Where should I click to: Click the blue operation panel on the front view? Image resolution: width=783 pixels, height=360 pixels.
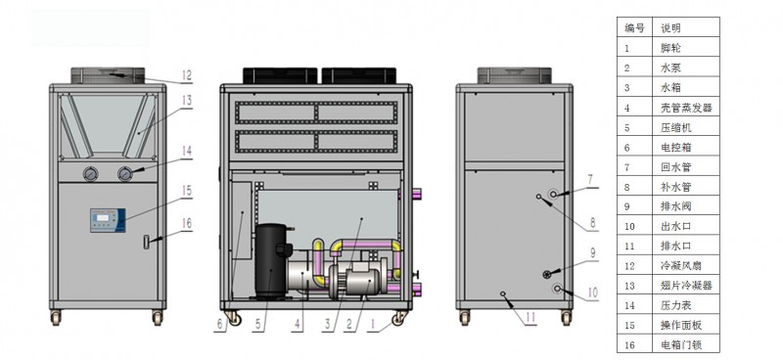pos(108,220)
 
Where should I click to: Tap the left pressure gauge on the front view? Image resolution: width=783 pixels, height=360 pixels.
pos(91,174)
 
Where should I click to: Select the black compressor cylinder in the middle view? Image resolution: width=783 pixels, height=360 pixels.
pos(270,261)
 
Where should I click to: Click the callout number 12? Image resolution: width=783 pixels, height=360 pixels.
pos(186,75)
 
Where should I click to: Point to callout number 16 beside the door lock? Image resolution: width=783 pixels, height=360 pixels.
pos(186,223)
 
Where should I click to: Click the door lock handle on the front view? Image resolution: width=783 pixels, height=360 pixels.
pos(146,242)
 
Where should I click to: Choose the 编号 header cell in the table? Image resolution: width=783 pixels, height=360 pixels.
pos(634,28)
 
